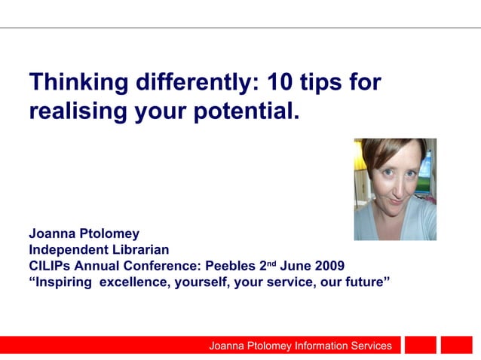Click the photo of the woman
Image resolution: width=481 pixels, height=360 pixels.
(395, 189)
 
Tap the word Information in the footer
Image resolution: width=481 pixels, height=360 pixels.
(308, 346)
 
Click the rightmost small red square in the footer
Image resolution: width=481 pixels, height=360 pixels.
(456, 345)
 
